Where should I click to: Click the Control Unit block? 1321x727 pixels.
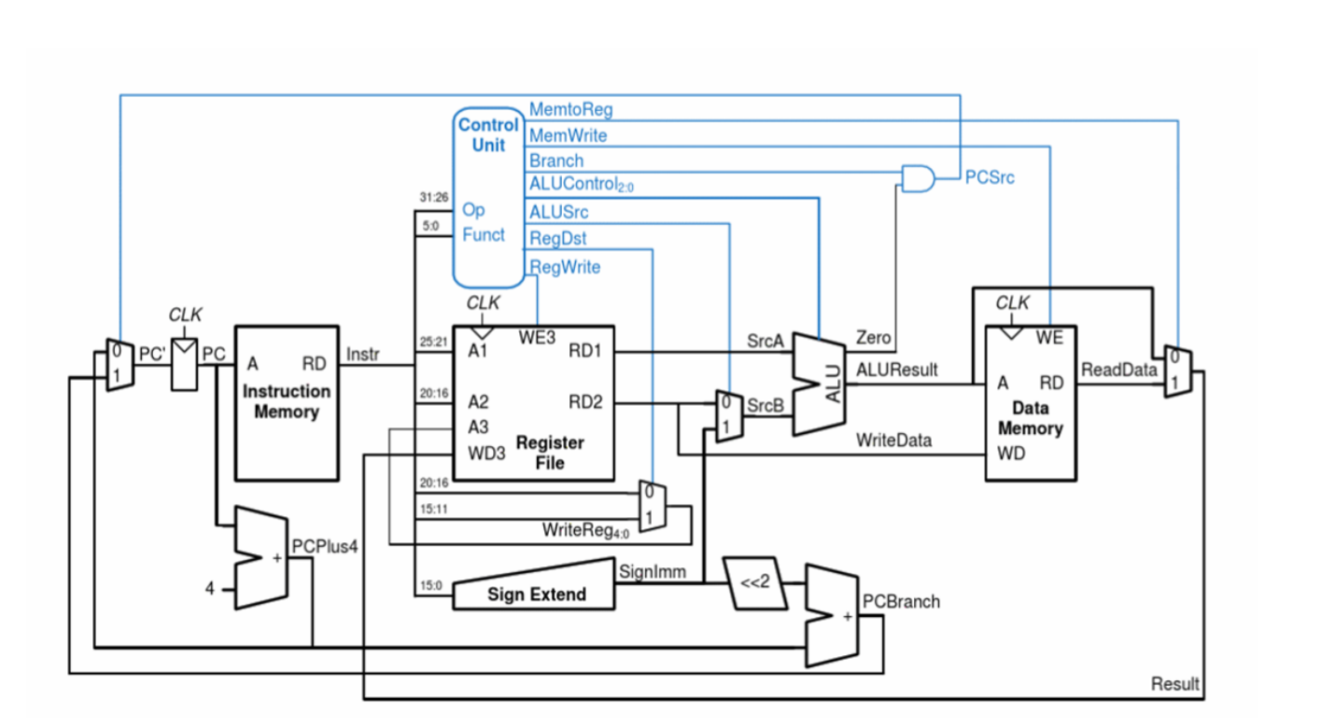(488, 196)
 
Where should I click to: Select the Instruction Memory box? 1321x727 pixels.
(287, 402)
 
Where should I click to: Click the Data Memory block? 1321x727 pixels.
(1031, 402)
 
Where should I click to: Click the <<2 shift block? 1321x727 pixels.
(755, 583)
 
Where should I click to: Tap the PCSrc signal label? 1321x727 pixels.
(990, 177)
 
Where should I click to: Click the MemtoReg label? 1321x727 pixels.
(570, 110)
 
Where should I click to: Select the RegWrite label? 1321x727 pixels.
(565, 268)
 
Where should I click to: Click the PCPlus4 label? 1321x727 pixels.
(324, 546)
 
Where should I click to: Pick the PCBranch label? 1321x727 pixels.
(901, 602)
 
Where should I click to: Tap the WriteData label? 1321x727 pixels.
(893, 440)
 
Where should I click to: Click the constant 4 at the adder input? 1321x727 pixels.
(210, 589)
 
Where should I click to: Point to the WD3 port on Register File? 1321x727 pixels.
(486, 454)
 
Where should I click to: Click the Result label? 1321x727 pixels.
(1174, 684)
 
